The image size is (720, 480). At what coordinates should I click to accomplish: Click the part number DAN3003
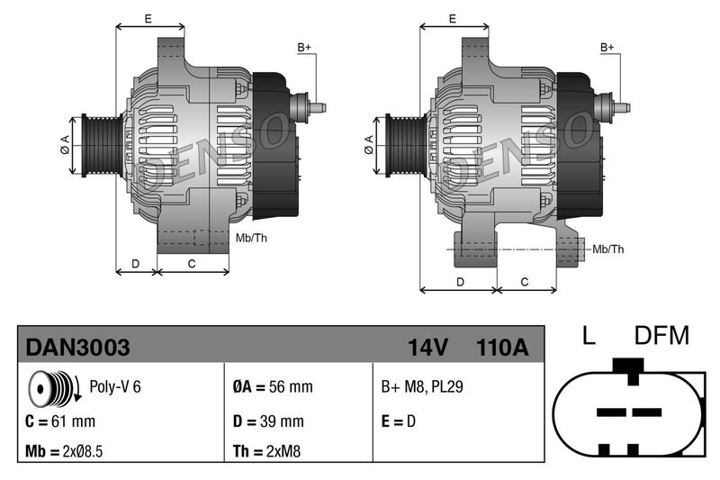(77, 347)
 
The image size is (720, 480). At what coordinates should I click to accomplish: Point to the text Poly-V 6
(115, 387)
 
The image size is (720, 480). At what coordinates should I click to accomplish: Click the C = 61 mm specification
(60, 421)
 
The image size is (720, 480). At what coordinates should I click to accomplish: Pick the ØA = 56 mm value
(273, 387)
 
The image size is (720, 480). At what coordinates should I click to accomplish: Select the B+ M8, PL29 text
(422, 387)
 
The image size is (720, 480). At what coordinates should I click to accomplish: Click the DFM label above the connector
(661, 336)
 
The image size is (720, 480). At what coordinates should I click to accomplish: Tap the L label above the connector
(589, 336)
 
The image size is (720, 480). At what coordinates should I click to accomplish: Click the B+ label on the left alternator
(304, 46)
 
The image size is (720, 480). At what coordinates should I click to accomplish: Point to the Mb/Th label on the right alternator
(608, 249)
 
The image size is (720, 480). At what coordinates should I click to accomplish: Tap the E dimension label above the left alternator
(148, 18)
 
